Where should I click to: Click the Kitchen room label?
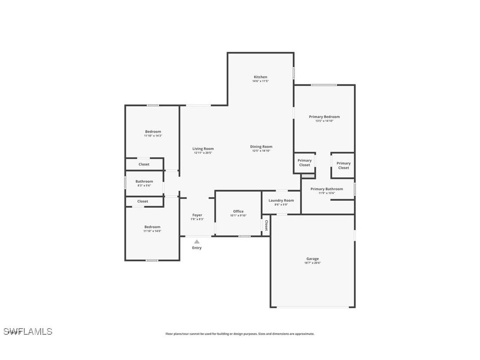[260, 77]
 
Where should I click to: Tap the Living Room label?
[203, 149]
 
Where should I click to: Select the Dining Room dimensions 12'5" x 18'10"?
[261, 151]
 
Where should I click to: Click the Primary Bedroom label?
[324, 117]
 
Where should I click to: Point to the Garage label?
[312, 259]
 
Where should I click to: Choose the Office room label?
[238, 211]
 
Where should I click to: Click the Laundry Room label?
[281, 200]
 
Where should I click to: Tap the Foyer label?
[197, 215]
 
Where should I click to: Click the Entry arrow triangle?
[197, 241]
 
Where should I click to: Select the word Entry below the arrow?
[197, 248]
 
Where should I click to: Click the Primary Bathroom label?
[327, 189]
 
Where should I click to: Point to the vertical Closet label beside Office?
[266, 226]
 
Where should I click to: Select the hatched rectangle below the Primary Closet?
[308, 176]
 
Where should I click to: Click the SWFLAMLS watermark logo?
[27, 331]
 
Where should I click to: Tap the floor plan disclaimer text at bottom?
[240, 334]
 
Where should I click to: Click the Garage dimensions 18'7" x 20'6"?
[312, 263]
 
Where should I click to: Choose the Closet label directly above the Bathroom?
[144, 164]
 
